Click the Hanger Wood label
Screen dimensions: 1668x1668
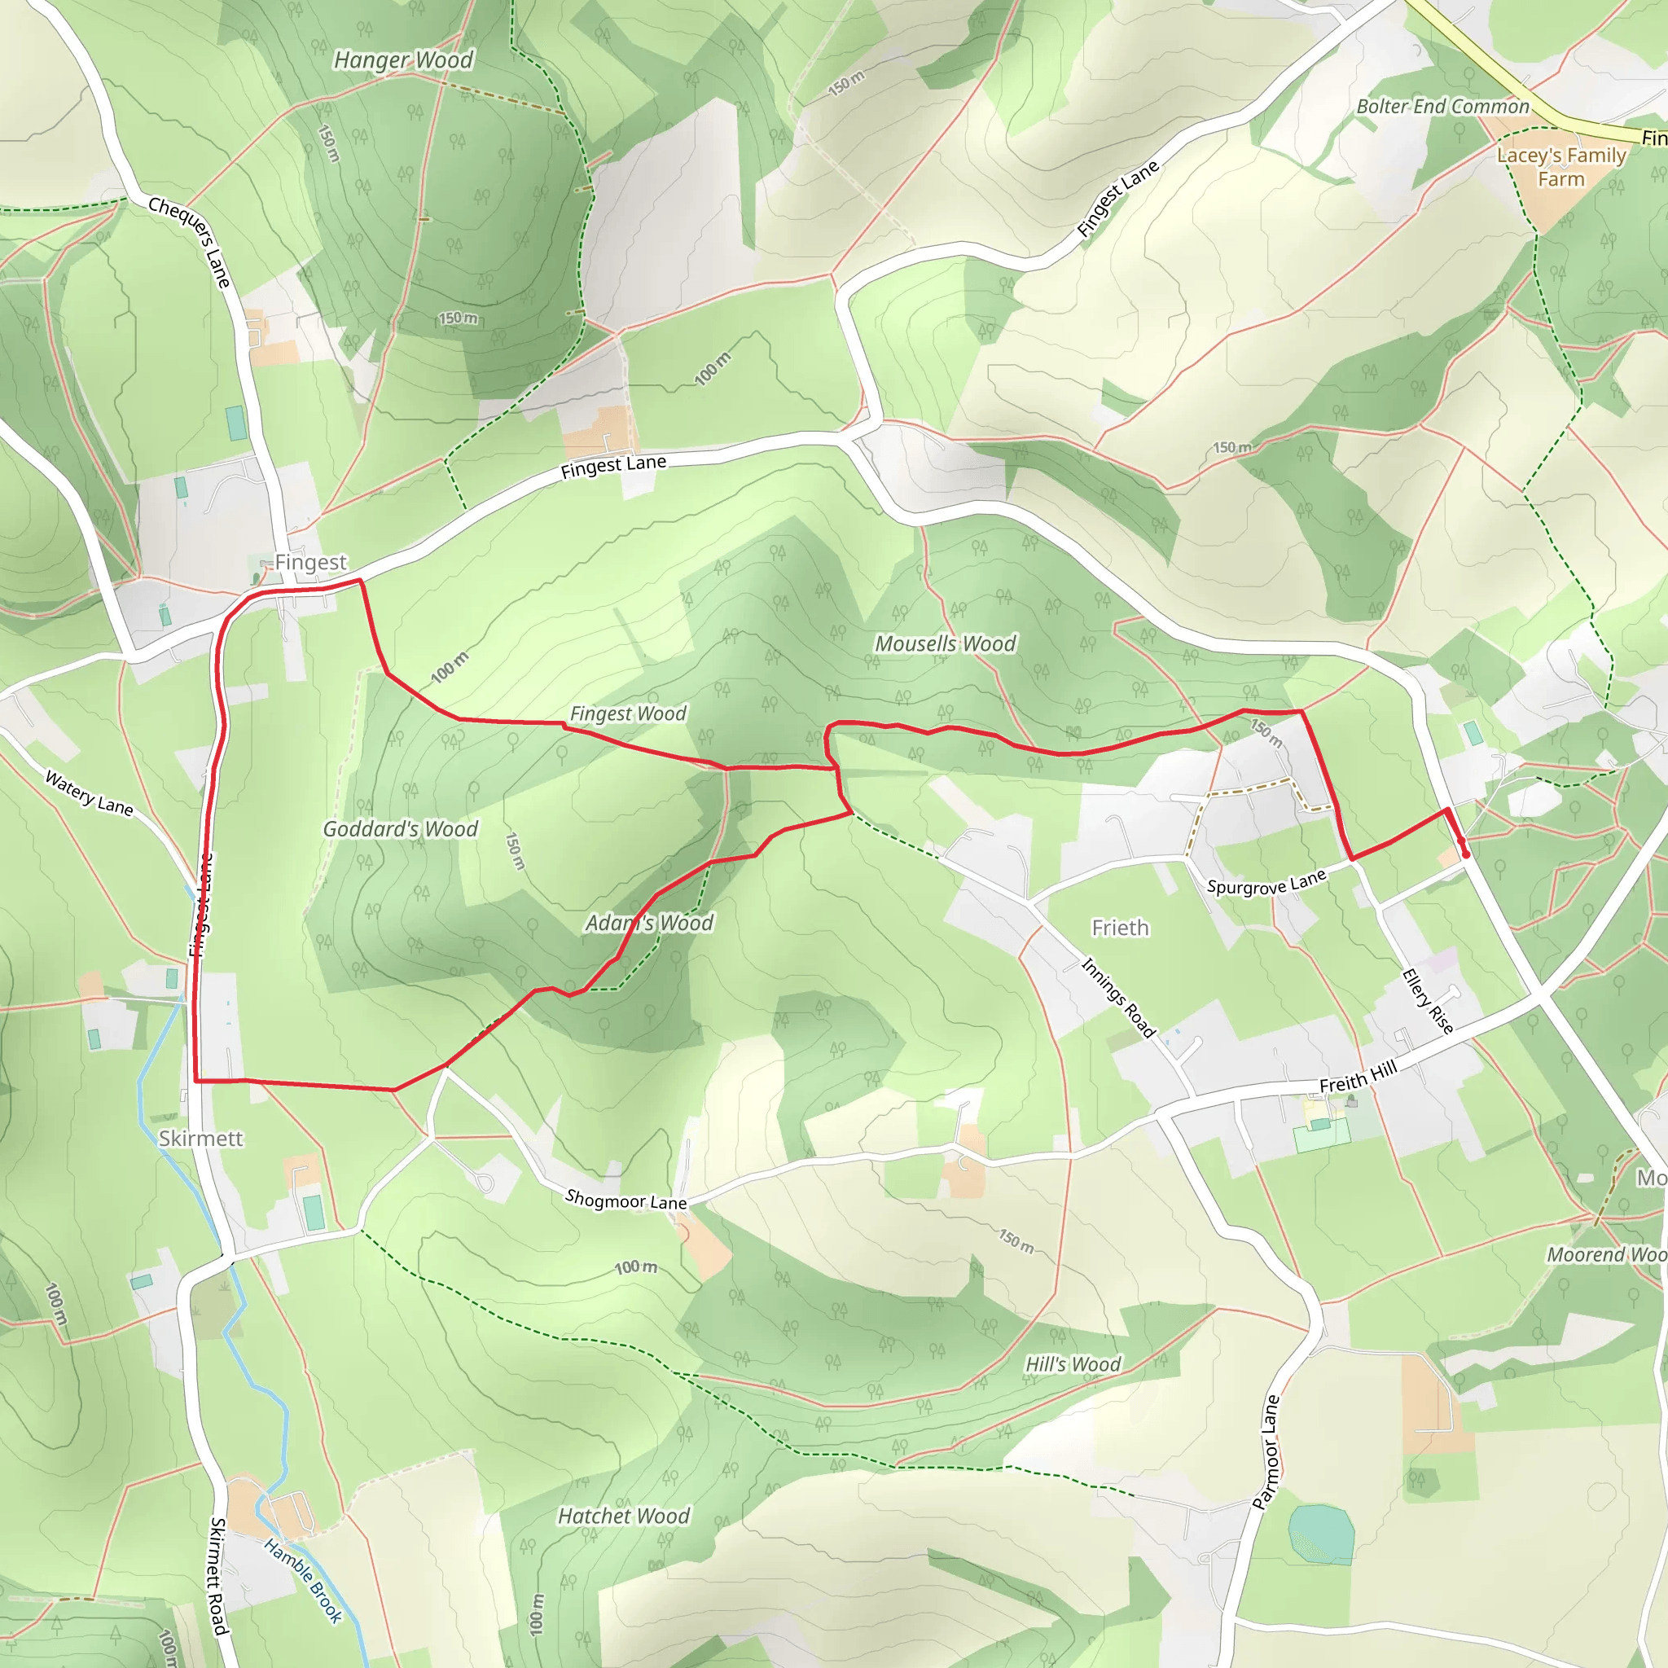(403, 60)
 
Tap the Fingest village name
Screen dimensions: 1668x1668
(310, 562)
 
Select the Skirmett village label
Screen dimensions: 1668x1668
(200, 1138)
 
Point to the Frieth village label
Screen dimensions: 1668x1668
(1120, 928)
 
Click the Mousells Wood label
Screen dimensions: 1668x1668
(946, 644)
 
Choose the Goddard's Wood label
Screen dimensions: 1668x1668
(400, 829)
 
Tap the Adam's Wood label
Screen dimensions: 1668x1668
(649, 923)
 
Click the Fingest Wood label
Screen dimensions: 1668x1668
(628, 714)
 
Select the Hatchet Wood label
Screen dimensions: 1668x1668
(623, 1516)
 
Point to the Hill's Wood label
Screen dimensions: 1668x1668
(1073, 1364)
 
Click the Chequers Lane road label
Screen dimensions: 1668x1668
(190, 242)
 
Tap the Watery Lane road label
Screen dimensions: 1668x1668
(89, 793)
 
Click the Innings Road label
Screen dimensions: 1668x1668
(1118, 997)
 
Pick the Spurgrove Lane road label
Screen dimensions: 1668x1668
(1266, 882)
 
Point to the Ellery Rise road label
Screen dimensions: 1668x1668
(1428, 1001)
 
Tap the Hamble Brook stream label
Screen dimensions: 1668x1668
(303, 1581)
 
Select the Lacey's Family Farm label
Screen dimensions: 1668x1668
(1561, 167)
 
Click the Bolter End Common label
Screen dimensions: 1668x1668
(1442, 107)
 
